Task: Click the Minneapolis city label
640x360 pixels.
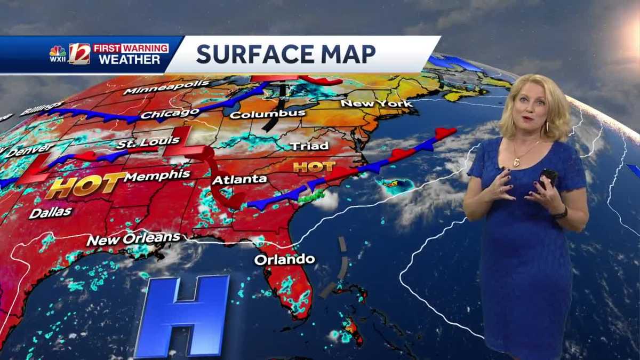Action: (158, 86)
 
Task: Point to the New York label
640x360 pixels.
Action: (377, 103)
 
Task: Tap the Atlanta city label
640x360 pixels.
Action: (239, 179)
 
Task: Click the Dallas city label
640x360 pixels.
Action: (50, 213)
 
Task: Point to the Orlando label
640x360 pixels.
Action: (284, 260)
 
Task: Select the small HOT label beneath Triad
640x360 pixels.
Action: (314, 166)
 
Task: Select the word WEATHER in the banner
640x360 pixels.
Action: (129, 60)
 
